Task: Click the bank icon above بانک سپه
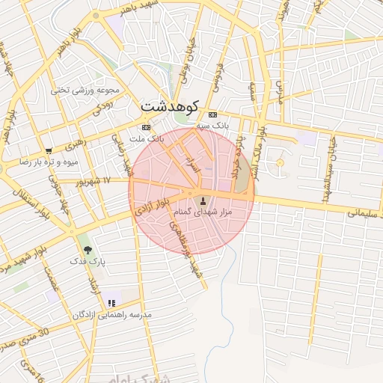point(213,115)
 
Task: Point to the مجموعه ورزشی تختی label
point(85,90)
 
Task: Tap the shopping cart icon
point(49,150)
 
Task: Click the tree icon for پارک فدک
point(88,250)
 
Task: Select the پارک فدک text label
point(88,262)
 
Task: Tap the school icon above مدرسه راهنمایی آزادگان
point(111,303)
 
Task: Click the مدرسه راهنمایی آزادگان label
point(112,315)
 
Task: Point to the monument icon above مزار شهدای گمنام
point(203,200)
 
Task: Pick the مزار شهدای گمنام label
point(203,212)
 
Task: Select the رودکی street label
point(102,108)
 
